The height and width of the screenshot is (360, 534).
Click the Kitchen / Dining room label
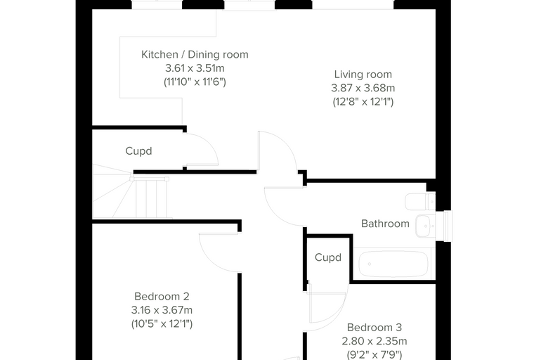coord(195,55)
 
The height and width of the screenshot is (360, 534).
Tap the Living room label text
coord(363,75)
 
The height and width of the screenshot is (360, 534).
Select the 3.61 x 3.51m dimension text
coord(195,68)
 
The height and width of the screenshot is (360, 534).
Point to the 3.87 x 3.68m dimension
coord(363,88)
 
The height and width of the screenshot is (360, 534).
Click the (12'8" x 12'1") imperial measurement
coord(363,101)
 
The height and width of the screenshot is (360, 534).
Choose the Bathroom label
coord(385,224)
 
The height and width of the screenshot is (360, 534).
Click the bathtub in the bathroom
coord(393,264)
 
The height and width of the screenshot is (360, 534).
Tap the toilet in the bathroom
coord(420,202)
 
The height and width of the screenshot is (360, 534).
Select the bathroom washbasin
coord(425,226)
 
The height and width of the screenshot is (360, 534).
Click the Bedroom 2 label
coord(162,296)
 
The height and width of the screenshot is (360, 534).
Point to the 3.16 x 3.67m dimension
coord(162,310)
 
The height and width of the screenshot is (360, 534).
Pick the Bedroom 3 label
coord(375,327)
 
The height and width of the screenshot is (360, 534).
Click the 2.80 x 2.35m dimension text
coord(375,341)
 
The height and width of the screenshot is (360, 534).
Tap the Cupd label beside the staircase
coord(138,151)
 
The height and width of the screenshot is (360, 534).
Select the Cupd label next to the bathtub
coord(328,257)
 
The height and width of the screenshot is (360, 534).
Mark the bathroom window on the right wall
coord(448,226)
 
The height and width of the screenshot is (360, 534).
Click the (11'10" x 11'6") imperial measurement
coord(195,82)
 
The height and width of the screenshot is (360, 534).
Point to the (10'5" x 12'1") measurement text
coord(162,323)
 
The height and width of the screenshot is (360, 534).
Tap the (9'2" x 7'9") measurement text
coord(375,354)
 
